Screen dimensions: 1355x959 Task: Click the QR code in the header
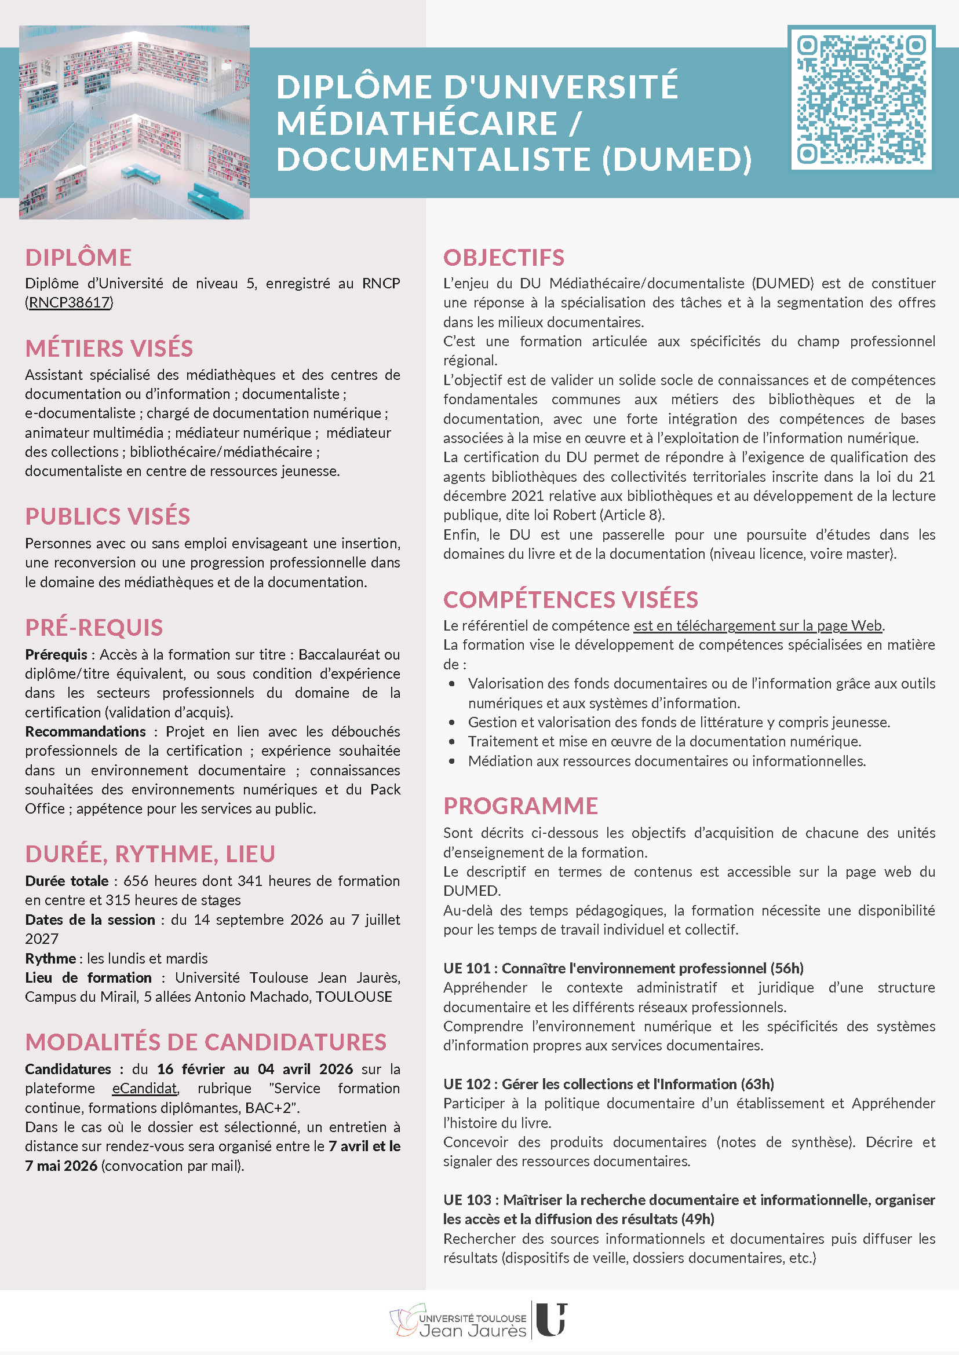pos(861,98)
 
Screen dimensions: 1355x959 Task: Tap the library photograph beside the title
pos(134,122)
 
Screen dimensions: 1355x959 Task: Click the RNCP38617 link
pos(69,303)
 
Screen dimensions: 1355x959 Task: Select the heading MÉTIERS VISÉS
pos(109,348)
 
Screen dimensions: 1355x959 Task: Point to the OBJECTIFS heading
pos(504,257)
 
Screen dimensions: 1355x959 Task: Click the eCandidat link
pos(145,1088)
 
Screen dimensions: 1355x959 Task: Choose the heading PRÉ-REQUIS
pos(94,627)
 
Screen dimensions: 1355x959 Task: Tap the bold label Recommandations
pos(85,732)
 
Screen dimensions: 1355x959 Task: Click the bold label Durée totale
pos(67,881)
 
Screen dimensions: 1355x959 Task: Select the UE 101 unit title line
pos(623,968)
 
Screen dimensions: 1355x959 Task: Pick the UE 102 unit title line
pos(608,1084)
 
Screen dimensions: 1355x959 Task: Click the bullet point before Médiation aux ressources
pos(452,761)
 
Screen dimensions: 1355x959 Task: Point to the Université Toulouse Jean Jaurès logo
pos(478,1320)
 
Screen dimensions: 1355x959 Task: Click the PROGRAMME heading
pos(520,806)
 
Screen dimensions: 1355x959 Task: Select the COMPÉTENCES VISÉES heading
pos(570,599)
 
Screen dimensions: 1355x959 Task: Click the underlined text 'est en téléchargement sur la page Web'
pos(757,625)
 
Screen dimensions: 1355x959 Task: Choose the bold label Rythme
pos(50,958)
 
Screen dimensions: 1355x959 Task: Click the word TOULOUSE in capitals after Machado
pos(353,997)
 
